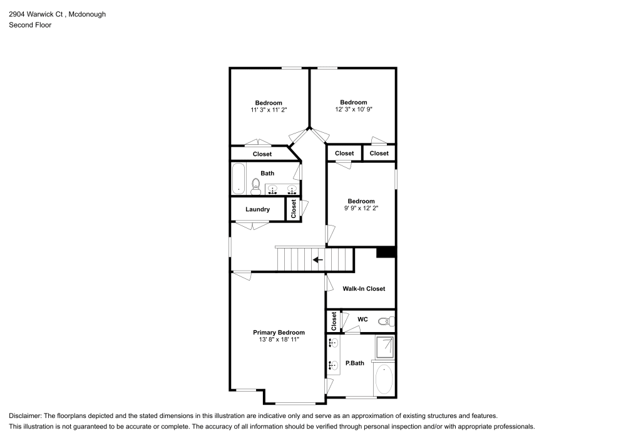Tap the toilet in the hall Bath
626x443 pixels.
pos(255,184)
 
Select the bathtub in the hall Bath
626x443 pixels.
pos(238,179)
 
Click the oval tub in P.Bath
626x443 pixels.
pos(383,379)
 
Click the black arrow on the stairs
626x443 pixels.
pos(318,259)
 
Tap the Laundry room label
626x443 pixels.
pos(257,209)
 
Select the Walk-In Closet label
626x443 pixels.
pos(364,289)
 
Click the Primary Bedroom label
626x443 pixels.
pos(279,333)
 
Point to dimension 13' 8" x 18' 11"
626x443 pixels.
pos(279,340)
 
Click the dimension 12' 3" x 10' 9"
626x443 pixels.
pos(354,110)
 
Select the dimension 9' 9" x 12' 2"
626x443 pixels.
pos(361,208)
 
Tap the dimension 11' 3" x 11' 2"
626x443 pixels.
pos(269,110)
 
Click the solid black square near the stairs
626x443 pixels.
pos(386,253)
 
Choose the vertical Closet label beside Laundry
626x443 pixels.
pos(293,209)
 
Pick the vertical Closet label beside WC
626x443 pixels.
pos(334,321)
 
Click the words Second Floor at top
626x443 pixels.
pos(30,25)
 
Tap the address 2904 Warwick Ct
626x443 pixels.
pos(35,14)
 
